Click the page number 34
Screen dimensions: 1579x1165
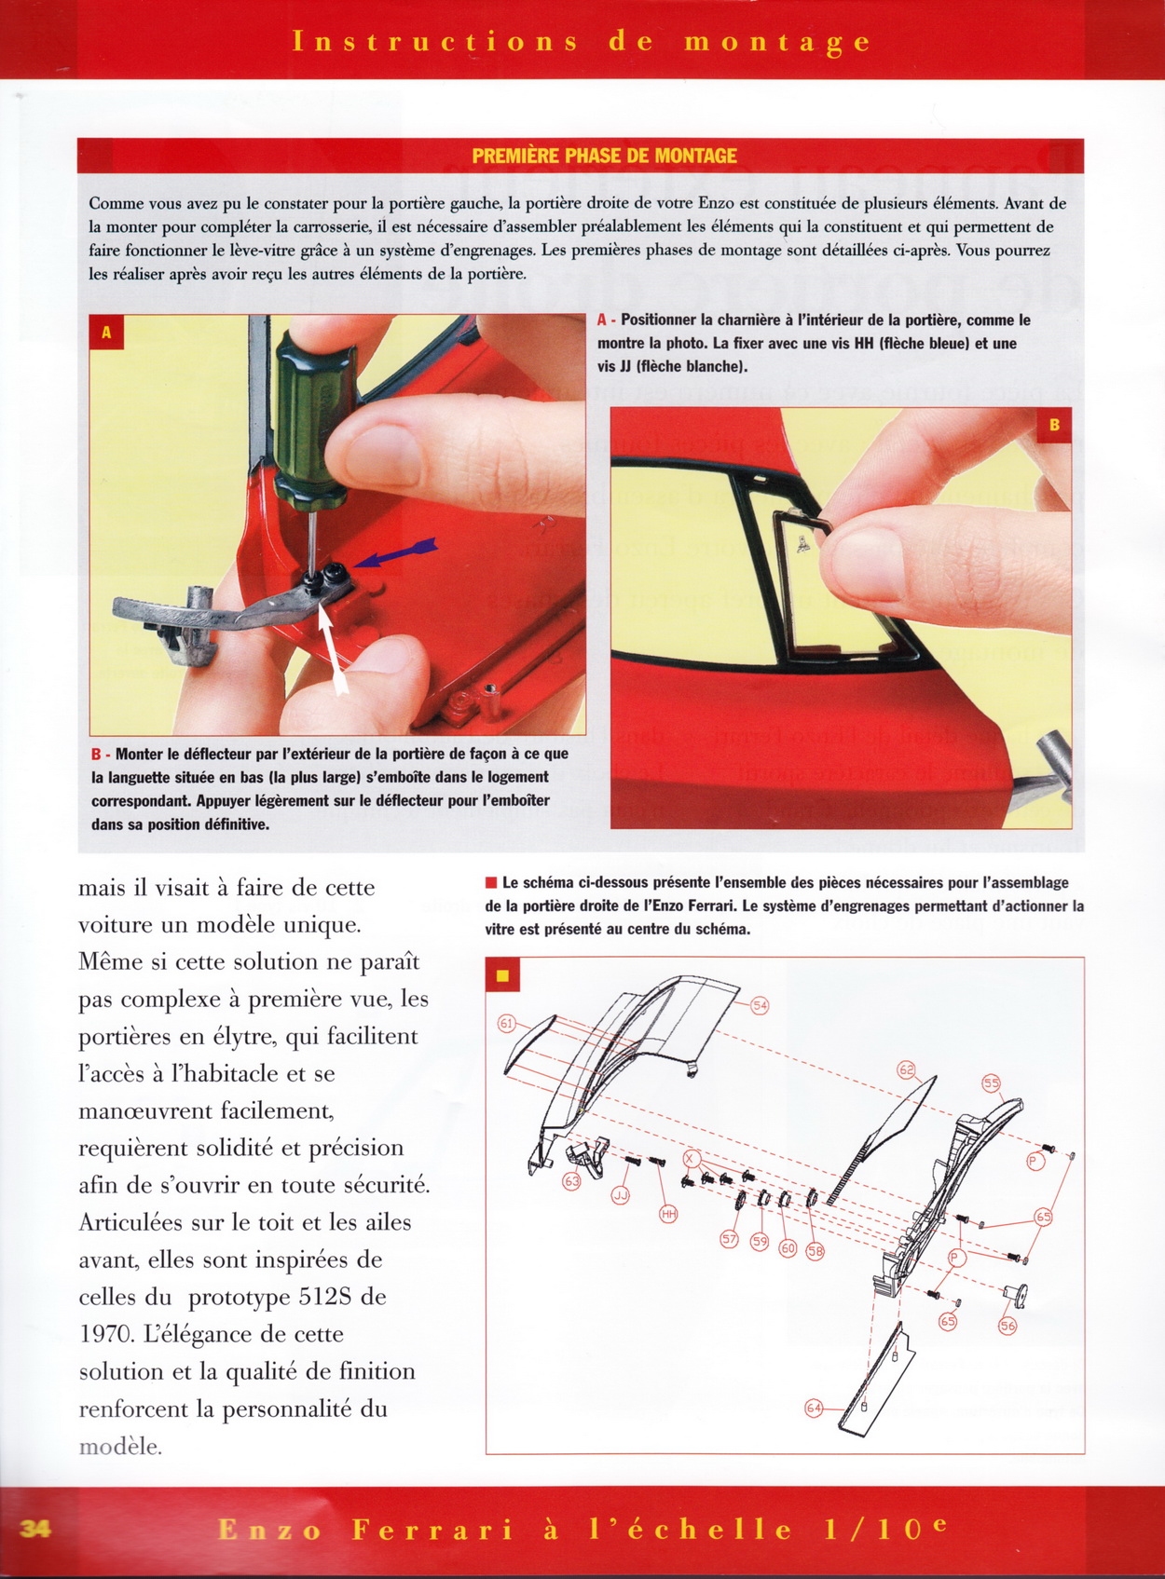click(34, 1528)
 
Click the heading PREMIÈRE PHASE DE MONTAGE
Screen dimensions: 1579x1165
click(604, 156)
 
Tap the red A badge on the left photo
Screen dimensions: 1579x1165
click(106, 332)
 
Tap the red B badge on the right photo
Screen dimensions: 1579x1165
click(1054, 425)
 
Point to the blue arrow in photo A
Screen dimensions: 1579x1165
click(396, 553)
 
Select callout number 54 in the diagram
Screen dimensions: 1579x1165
click(760, 1005)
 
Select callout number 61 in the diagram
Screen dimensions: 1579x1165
click(507, 1023)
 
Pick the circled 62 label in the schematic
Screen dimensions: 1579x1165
click(907, 1070)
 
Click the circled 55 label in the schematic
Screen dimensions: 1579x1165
click(991, 1082)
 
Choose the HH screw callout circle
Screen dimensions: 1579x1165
click(668, 1213)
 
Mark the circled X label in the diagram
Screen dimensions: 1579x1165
click(691, 1159)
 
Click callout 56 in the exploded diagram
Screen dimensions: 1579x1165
click(1007, 1326)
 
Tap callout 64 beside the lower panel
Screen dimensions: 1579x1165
click(814, 1408)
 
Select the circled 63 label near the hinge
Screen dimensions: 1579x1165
click(571, 1181)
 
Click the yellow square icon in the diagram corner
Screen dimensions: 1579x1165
click(502, 975)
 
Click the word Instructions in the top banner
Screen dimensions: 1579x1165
click(435, 42)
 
